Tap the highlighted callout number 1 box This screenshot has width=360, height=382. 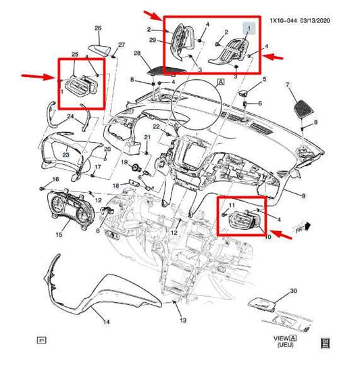coord(249,28)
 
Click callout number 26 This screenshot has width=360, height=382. coord(97,28)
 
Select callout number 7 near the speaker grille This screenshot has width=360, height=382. coord(288,85)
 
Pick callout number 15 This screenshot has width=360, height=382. coord(59,235)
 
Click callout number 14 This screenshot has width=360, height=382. coord(105,323)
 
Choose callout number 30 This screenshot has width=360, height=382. coord(293,291)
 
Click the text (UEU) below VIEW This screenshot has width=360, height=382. coord(278,345)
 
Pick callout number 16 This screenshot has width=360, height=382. coord(56,179)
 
